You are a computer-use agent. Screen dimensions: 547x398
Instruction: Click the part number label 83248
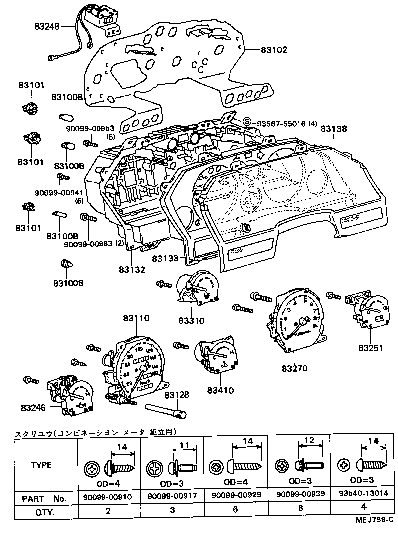[x=47, y=27]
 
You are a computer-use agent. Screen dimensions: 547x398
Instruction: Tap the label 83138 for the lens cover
[x=334, y=128]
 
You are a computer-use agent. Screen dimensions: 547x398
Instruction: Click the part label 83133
[x=165, y=259]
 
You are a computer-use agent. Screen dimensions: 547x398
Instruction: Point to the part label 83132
[x=132, y=270]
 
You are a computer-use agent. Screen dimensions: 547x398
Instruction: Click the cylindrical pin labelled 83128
[x=165, y=410]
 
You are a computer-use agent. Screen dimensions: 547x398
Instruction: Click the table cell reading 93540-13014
[x=363, y=497]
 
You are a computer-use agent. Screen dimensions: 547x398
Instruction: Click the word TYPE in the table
[x=42, y=466]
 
